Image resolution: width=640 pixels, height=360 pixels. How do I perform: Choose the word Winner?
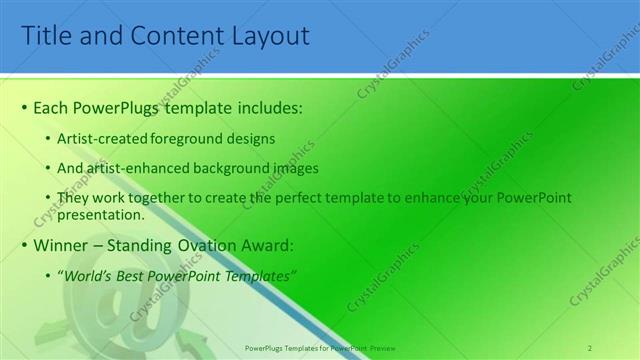pyautogui.click(x=61, y=244)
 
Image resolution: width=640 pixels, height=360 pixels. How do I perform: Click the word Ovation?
pyautogui.click(x=207, y=244)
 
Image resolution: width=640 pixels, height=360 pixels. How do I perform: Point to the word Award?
pyautogui.click(x=264, y=244)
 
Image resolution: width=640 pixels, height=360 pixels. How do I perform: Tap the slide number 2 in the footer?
pyautogui.click(x=591, y=347)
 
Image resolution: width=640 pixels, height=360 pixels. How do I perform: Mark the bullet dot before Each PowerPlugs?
pyautogui.click(x=25, y=107)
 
